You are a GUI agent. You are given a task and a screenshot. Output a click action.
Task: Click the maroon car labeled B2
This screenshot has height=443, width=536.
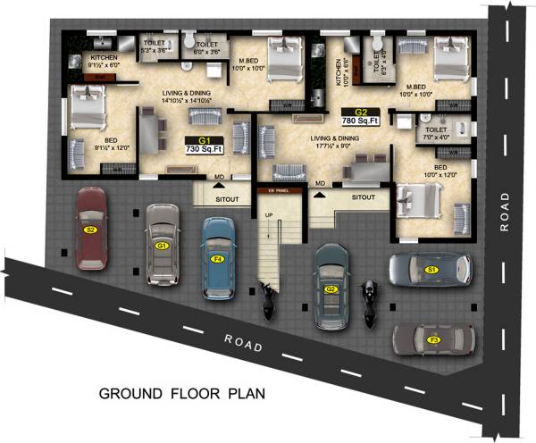click(90, 229)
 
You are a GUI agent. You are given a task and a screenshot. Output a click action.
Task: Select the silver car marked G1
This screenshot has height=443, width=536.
click(163, 243)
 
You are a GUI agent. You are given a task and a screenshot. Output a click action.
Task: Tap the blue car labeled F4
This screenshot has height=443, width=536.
click(217, 257)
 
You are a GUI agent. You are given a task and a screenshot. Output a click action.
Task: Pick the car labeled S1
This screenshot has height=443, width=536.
click(430, 269)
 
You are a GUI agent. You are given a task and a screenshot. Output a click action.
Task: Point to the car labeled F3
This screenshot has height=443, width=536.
click(434, 339)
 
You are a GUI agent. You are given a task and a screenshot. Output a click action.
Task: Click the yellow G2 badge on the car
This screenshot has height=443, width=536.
click(331, 289)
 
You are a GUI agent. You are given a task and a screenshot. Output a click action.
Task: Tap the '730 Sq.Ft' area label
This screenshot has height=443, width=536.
click(205, 151)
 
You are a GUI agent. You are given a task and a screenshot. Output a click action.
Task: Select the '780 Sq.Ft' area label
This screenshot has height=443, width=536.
click(361, 120)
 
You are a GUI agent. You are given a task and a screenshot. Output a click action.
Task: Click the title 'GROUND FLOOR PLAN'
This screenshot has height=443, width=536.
click(181, 392)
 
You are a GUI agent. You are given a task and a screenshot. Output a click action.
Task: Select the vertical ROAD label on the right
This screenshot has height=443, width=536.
click(505, 212)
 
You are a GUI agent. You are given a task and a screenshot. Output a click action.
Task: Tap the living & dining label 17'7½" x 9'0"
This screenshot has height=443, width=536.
click(335, 143)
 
